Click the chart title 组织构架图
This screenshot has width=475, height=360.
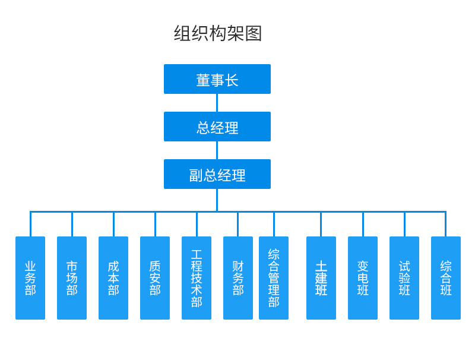pyautogui.click(x=217, y=33)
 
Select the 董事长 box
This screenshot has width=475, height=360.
pyautogui.click(x=217, y=79)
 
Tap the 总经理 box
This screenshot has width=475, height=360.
pyautogui.click(x=217, y=127)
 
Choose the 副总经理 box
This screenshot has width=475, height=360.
pyautogui.click(x=217, y=174)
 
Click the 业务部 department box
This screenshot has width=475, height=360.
pyautogui.click(x=30, y=278)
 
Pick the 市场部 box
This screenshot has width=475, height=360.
pyautogui.click(x=72, y=278)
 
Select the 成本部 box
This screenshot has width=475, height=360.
pyautogui.click(x=113, y=278)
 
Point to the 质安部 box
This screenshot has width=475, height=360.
pyautogui.click(x=155, y=278)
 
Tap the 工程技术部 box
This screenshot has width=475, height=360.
pyautogui.click(x=197, y=278)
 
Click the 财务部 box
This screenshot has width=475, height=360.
pyautogui.click(x=238, y=278)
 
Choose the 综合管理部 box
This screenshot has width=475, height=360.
pyautogui.click(x=274, y=278)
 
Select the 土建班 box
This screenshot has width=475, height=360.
pyautogui.click(x=321, y=278)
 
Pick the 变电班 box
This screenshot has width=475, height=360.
pyautogui.click(x=363, y=278)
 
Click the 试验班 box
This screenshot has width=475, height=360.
pyautogui.click(x=404, y=278)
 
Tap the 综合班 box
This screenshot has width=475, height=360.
pyautogui.click(x=446, y=278)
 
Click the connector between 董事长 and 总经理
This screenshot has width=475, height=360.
pyautogui.click(x=217, y=103)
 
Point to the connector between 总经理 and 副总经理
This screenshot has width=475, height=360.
pyautogui.click(x=217, y=150)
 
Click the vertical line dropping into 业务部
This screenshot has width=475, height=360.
pyautogui.click(x=30, y=224)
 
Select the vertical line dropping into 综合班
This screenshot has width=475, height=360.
pyautogui.click(x=446, y=224)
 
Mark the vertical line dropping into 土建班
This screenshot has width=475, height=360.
pyautogui.click(x=321, y=224)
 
